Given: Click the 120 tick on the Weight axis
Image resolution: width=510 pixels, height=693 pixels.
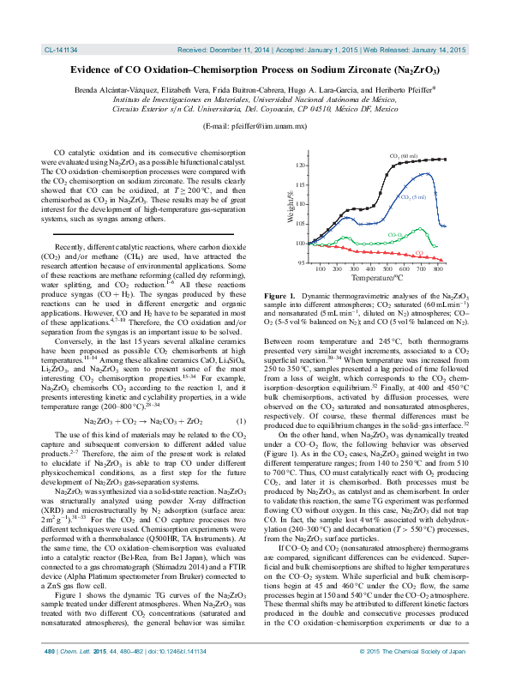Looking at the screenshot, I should point(298,165).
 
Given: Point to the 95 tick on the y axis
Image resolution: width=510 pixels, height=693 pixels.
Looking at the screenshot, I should point(300,262).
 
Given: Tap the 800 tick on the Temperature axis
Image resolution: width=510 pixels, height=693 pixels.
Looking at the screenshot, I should point(439,269).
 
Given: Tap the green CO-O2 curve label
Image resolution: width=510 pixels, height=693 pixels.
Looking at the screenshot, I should point(395,234).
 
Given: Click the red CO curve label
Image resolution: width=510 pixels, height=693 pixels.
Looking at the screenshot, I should point(419,252).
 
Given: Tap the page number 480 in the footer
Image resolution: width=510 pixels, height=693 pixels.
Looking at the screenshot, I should point(51,676).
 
